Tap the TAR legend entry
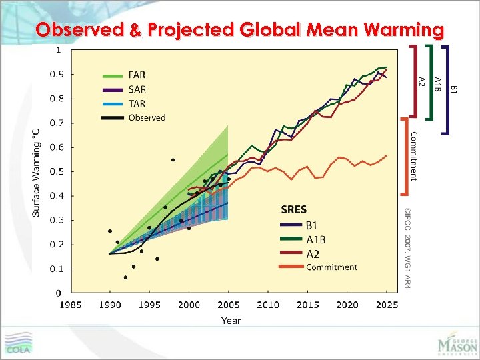tap(136, 104)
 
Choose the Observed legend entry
tap(147, 118)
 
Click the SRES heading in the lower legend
tap(294, 210)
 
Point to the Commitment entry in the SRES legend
tap(331, 267)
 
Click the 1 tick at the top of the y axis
tap(59, 50)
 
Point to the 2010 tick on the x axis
tap(268, 305)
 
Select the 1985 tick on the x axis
tap(71, 305)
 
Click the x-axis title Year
tap(231, 321)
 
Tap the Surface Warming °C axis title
tap(37, 171)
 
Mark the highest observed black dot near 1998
tap(173, 160)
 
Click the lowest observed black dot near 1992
tap(125, 277)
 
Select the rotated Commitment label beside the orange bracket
tap(414, 156)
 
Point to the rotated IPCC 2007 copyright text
tap(407, 247)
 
